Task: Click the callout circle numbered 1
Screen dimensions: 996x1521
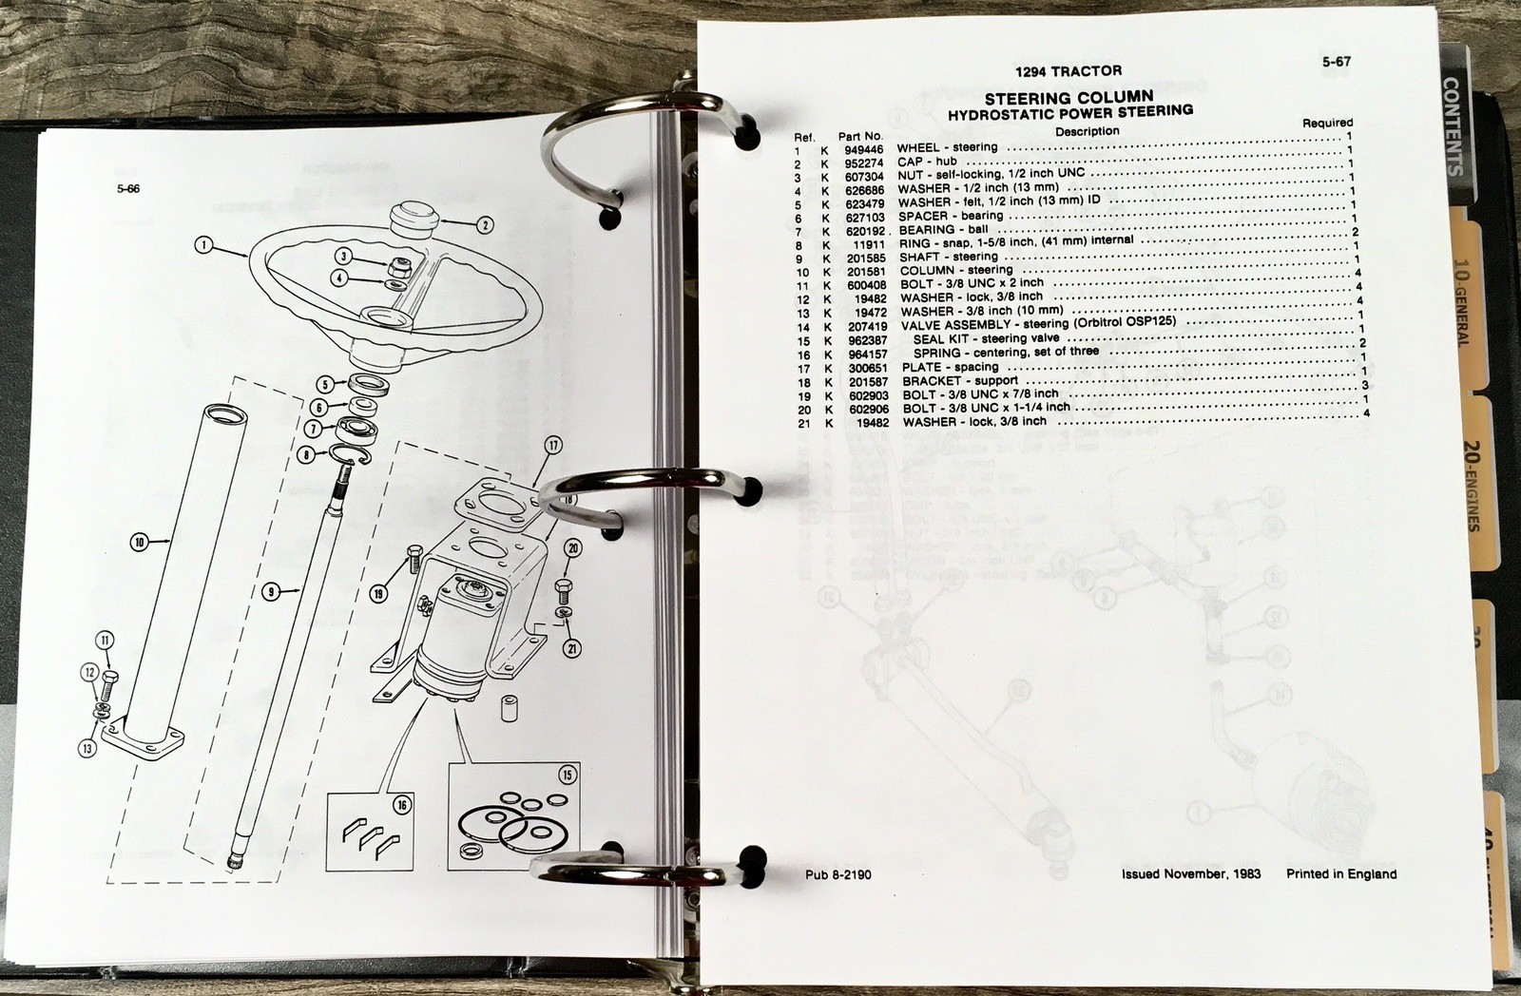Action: coord(202,245)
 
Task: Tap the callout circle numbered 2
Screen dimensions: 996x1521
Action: coord(485,225)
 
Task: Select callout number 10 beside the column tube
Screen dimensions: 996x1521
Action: coord(140,542)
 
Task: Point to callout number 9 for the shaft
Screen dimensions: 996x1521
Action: coord(271,592)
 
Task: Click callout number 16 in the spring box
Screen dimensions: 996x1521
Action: coord(402,805)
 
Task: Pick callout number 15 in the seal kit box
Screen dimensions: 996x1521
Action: coord(568,776)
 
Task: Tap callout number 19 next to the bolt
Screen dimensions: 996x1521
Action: coord(380,595)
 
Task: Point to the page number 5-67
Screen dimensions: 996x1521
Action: coord(1336,63)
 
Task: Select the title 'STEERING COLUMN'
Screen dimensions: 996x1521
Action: coord(1069,97)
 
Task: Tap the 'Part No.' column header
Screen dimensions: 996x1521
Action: coord(860,136)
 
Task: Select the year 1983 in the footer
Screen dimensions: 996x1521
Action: coord(1242,872)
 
